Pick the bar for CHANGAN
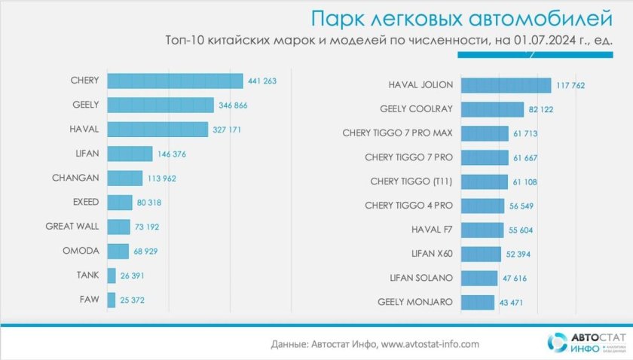125,178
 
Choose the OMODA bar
118,251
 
